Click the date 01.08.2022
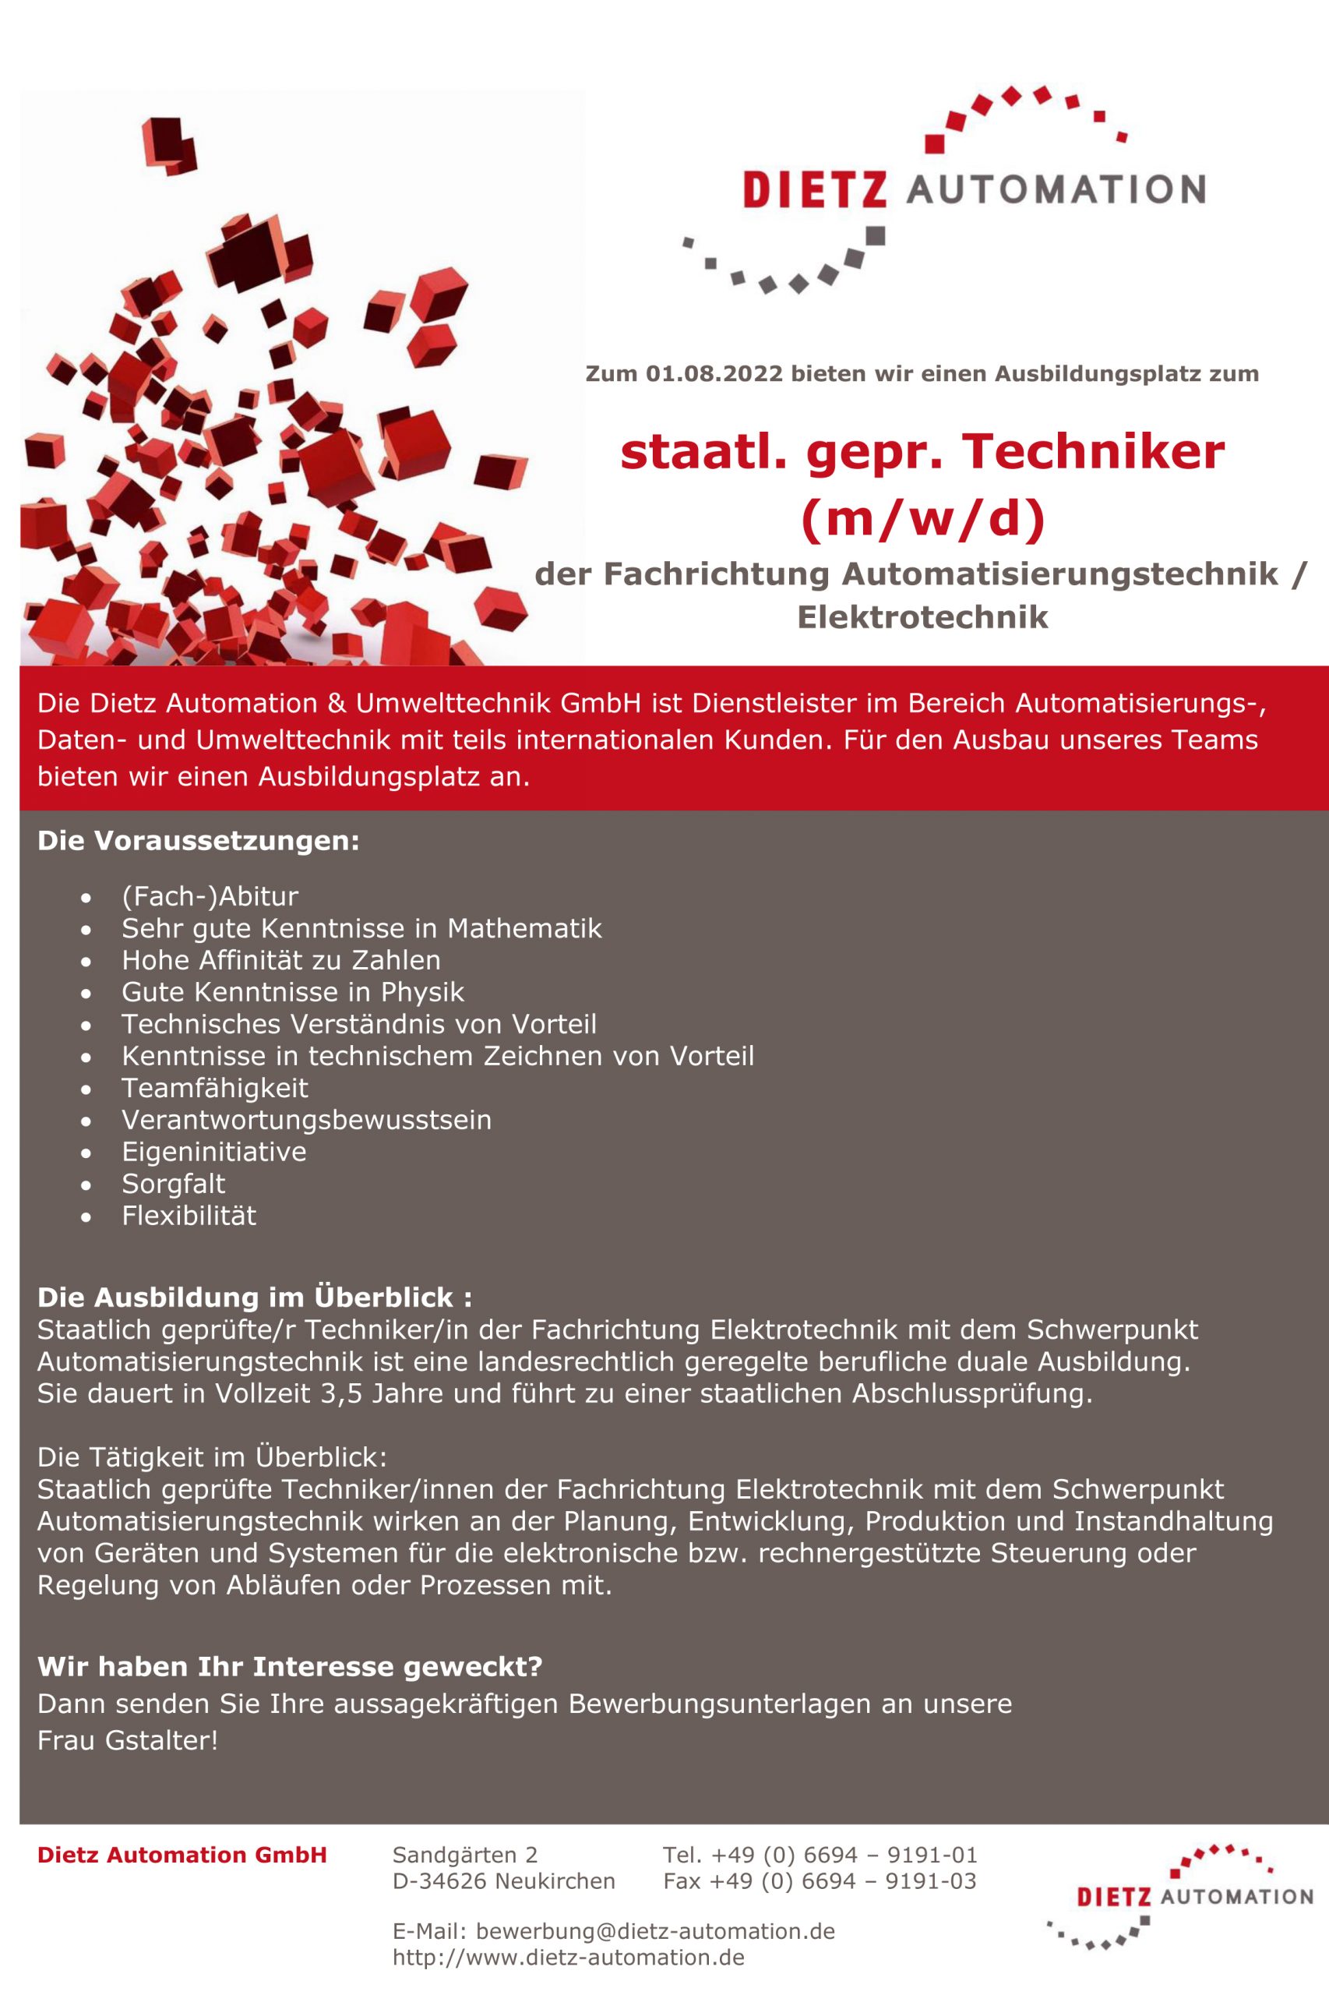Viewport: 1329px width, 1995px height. [714, 374]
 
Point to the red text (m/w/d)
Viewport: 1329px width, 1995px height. [922, 518]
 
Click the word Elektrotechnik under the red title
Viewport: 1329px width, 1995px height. [922, 617]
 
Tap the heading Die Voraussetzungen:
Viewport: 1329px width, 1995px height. [199, 841]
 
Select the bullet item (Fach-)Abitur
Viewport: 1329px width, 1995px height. [210, 896]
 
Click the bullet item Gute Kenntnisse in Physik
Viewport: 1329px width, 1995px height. [292, 992]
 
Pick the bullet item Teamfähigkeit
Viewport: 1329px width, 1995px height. [214, 1088]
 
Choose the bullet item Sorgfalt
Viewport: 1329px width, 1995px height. [173, 1184]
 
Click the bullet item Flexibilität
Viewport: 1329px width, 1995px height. [189, 1216]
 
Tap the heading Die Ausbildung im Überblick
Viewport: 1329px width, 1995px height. [254, 1298]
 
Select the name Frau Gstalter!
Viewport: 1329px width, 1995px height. [128, 1741]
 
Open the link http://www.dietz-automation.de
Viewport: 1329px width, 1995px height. [568, 1957]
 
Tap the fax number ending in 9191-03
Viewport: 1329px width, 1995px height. [819, 1881]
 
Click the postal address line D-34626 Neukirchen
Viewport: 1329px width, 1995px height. [503, 1881]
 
